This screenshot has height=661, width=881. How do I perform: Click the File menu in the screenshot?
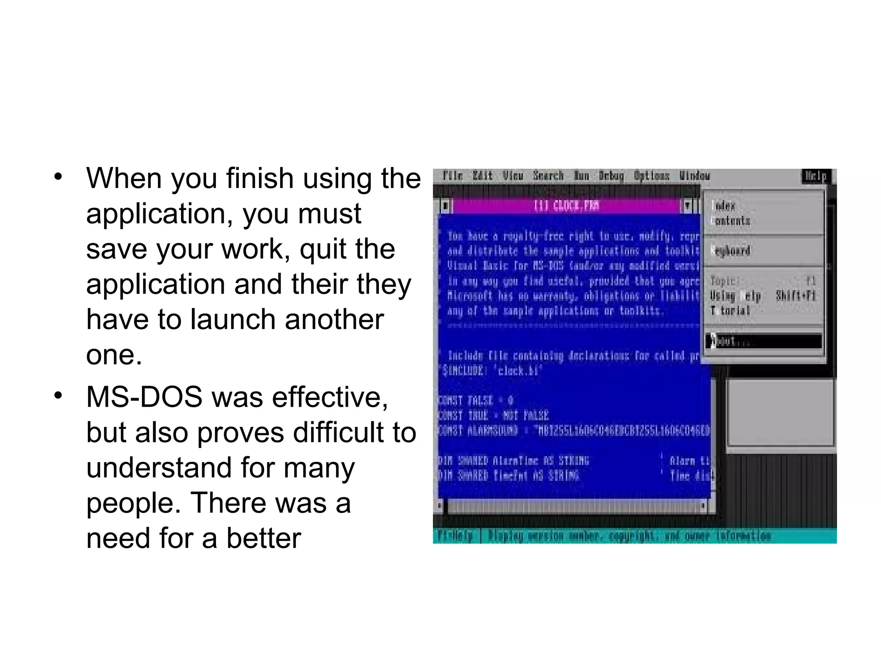tap(453, 176)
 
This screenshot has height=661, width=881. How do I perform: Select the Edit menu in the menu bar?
tap(483, 176)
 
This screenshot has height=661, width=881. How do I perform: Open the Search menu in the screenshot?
tap(548, 176)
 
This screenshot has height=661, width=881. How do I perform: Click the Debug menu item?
tap(611, 176)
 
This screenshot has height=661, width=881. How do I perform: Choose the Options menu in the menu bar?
tap(652, 176)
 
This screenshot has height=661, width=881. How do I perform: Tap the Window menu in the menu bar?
tap(695, 176)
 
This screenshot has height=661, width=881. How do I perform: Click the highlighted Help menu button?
tap(816, 176)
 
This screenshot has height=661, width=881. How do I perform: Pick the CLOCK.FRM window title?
tap(566, 206)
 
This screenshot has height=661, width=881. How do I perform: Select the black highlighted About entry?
tap(764, 341)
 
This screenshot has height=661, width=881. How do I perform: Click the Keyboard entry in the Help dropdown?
tap(731, 250)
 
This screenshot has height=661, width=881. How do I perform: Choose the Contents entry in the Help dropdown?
tap(731, 221)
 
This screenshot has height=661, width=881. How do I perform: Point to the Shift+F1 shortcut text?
tap(796, 296)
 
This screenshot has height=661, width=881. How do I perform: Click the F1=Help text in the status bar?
tap(455, 536)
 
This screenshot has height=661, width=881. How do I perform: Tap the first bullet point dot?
tap(59, 177)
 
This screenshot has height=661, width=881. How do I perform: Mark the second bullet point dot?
tap(59, 395)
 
